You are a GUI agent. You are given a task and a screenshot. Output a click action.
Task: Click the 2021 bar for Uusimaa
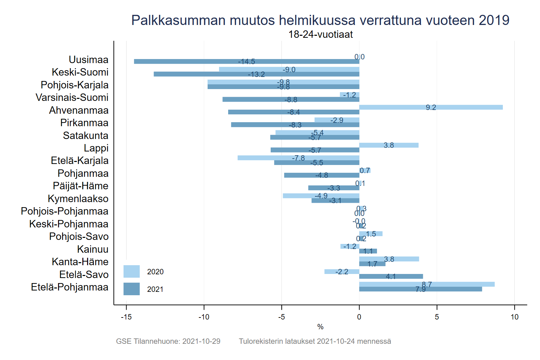click(202, 61)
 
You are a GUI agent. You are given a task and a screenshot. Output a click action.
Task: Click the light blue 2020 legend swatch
click(131, 272)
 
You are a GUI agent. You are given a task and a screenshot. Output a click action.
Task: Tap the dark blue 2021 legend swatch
click(131, 289)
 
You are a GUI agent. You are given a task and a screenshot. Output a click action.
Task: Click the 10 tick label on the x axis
click(514, 317)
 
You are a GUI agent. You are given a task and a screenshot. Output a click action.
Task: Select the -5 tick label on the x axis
click(281, 317)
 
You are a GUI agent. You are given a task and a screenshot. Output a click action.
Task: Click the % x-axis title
click(320, 327)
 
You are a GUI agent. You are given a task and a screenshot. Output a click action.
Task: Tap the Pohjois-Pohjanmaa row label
click(64, 211)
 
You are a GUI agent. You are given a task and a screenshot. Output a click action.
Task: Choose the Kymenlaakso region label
click(78, 199)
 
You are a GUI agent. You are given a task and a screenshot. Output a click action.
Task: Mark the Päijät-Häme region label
click(80, 186)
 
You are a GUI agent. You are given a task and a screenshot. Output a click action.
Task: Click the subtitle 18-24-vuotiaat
click(320, 34)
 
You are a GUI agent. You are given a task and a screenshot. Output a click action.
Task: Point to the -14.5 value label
click(246, 61)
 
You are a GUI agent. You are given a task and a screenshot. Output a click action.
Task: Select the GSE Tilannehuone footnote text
click(168, 341)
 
